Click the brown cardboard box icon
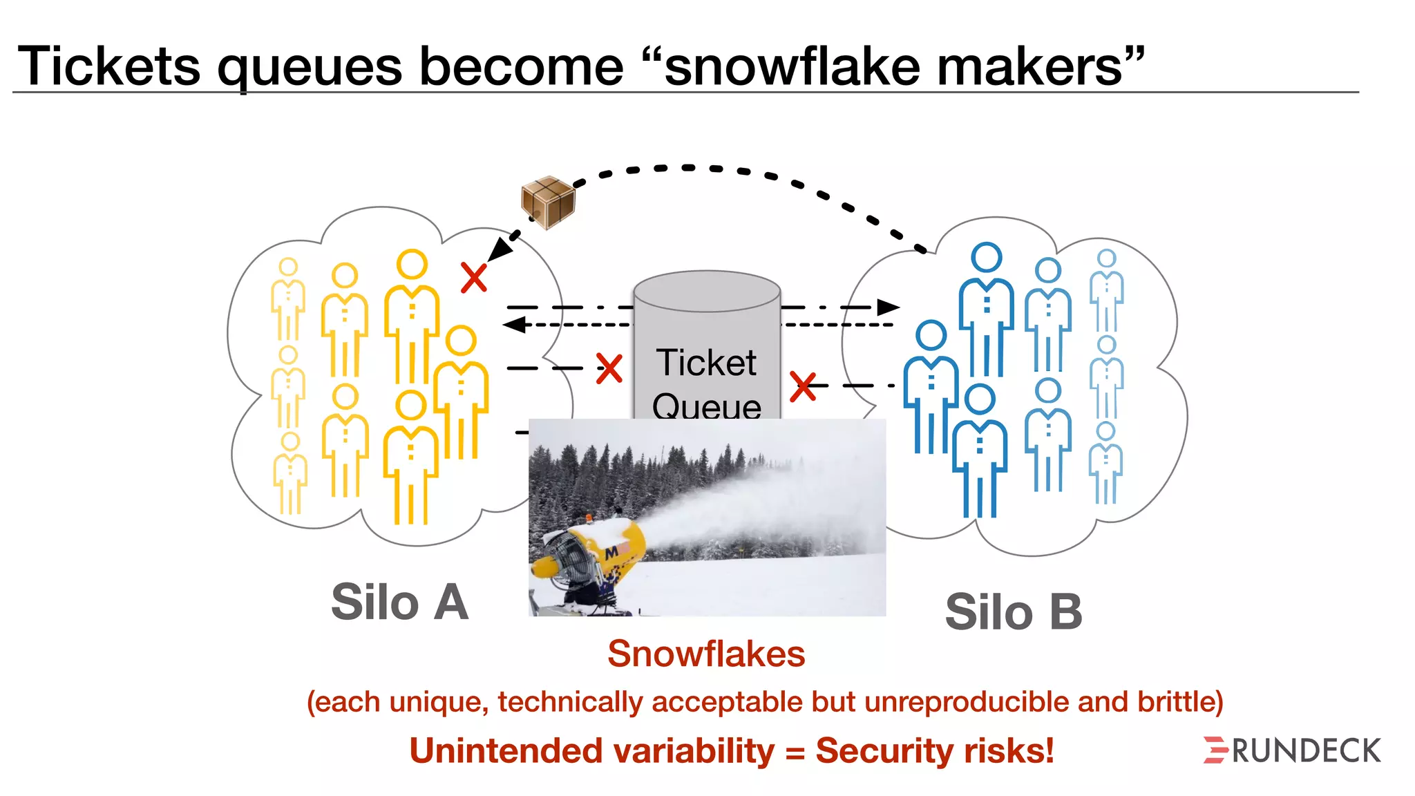(x=548, y=201)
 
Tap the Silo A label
(x=399, y=603)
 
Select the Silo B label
(x=1013, y=612)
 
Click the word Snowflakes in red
(x=706, y=654)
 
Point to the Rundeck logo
(x=1292, y=750)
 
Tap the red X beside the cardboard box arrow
(x=474, y=278)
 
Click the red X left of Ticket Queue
(x=609, y=369)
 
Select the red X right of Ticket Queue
(x=802, y=386)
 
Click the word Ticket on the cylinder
(x=706, y=363)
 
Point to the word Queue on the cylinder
(x=706, y=406)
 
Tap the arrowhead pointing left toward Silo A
(x=514, y=324)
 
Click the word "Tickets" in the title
(x=108, y=66)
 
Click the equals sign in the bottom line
(x=795, y=752)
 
